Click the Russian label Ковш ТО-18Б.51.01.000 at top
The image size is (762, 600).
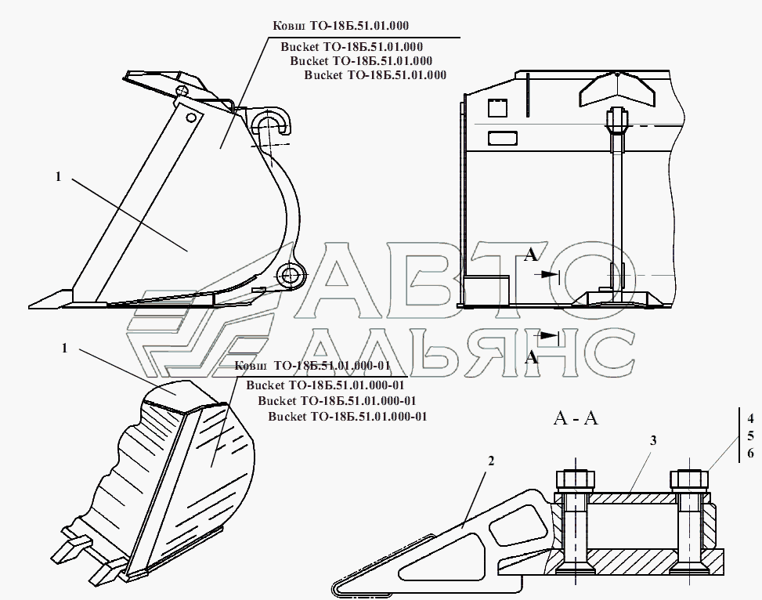click(341, 26)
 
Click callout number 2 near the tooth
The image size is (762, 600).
click(491, 461)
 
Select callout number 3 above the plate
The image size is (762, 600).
click(653, 440)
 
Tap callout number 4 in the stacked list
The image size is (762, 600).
click(750, 418)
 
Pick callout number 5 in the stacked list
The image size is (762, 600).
click(750, 436)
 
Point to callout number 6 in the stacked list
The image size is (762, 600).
click(750, 454)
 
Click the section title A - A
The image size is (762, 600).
click(576, 418)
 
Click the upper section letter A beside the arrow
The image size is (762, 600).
click(531, 255)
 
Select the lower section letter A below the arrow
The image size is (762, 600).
click(532, 357)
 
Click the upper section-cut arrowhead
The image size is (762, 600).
click(550, 275)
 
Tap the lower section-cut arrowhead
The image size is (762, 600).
click(550, 335)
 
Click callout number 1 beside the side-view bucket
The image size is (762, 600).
click(58, 176)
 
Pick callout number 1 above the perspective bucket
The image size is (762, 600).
click(64, 349)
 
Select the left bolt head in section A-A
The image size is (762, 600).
click(575, 480)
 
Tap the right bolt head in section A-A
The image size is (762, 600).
click(689, 480)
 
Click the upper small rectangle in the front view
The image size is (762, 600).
click(497, 107)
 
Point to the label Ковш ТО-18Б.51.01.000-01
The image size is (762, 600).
click(312, 366)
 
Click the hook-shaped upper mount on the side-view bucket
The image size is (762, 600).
click(271, 121)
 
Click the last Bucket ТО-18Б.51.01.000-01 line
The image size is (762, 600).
click(348, 417)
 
